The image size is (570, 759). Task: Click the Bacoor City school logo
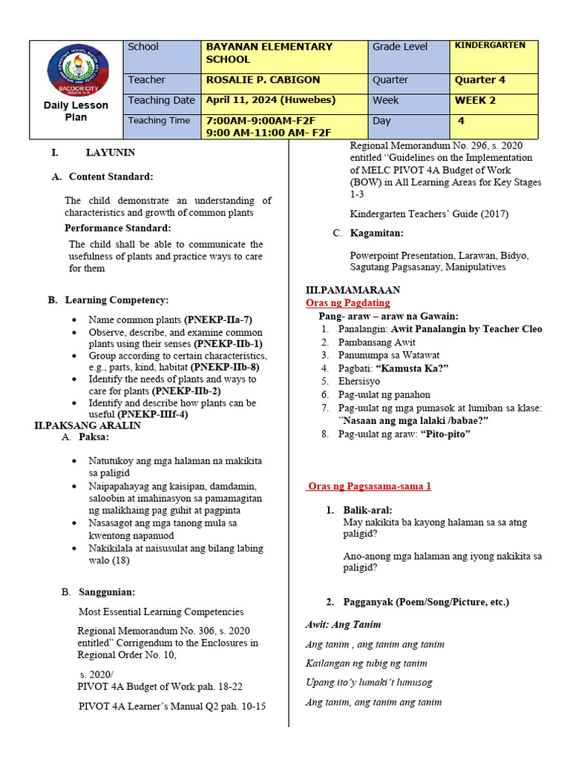point(75,72)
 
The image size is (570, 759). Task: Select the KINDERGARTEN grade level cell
point(490,46)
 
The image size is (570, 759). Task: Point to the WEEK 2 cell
point(476,100)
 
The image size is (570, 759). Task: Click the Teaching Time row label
point(159,121)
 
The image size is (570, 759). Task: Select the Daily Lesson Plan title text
point(76,111)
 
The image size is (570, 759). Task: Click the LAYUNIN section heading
point(111,153)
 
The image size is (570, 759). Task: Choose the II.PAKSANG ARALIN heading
point(88,425)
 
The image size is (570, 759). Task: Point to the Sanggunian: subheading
point(107,591)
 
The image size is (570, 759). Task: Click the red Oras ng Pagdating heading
point(347,303)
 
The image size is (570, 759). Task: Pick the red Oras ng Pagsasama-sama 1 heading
point(369,486)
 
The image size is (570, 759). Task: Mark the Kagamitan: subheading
point(376,233)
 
